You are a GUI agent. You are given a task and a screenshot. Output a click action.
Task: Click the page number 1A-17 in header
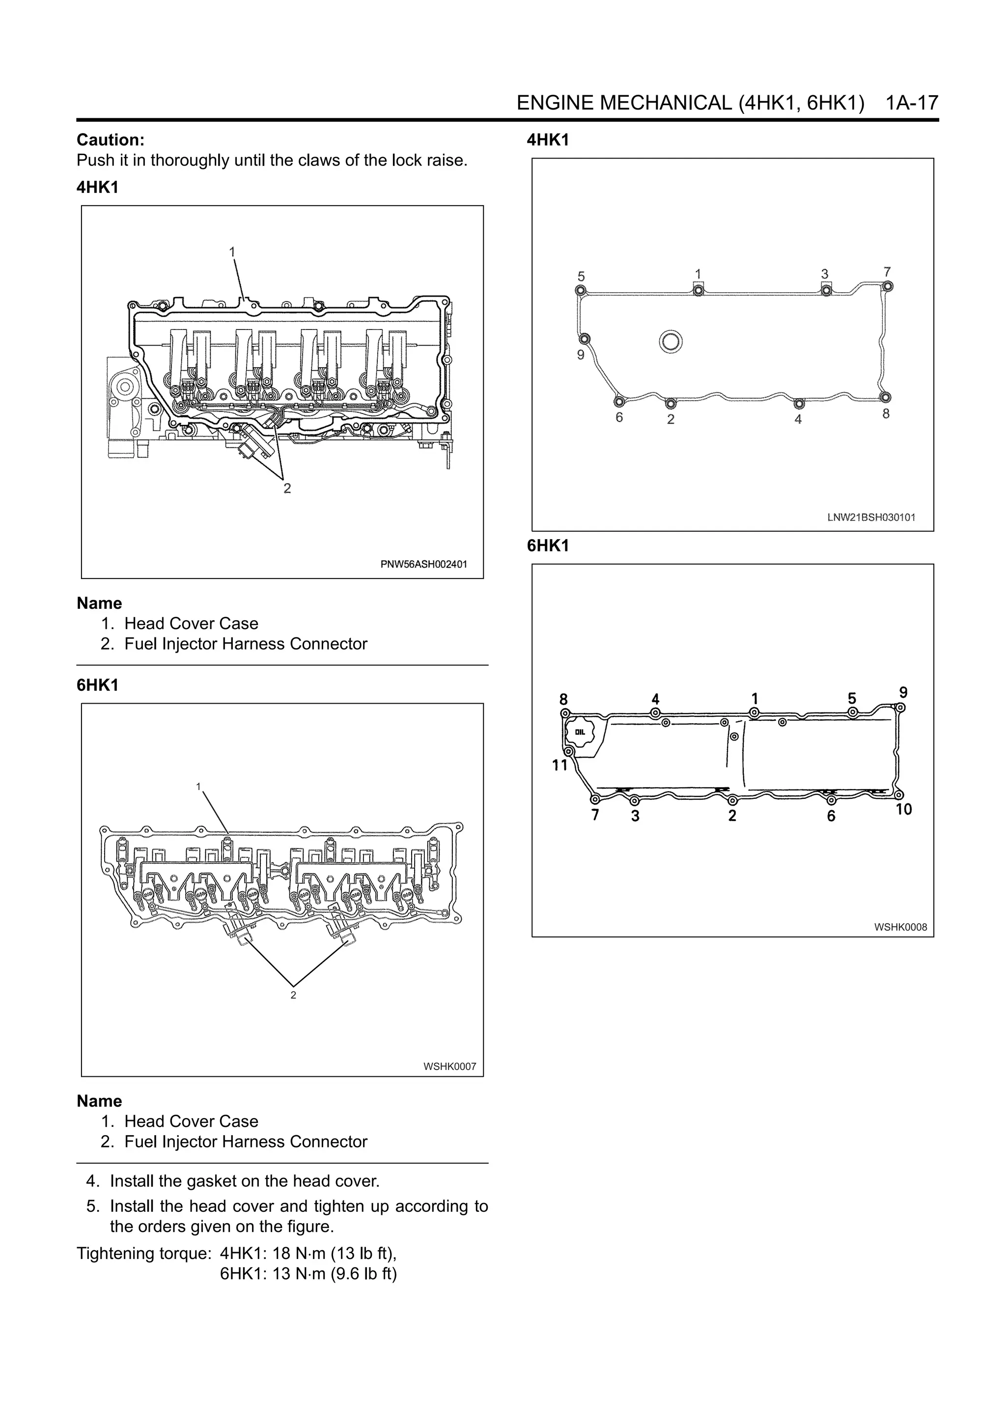point(912,103)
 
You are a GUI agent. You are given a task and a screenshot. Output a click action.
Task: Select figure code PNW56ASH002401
point(423,564)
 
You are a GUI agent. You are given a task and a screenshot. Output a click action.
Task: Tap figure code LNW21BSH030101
point(871,518)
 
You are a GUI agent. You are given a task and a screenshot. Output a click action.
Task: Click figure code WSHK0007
point(449,1067)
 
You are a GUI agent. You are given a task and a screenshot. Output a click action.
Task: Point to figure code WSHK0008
point(900,927)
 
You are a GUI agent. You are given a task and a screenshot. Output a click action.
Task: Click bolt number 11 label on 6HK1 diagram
point(559,766)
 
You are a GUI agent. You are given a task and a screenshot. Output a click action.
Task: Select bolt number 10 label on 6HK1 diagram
point(904,809)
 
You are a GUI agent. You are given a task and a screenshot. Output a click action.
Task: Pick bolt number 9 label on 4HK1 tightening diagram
point(581,355)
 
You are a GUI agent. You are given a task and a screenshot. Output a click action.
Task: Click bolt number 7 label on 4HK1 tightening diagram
point(887,272)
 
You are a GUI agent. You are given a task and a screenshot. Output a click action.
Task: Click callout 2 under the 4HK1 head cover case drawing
point(287,489)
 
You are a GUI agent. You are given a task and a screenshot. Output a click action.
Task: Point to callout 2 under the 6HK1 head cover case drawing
point(293,995)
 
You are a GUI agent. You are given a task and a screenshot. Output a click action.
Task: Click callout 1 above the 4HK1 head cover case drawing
point(232,251)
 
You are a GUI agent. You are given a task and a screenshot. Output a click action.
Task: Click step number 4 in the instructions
point(93,1181)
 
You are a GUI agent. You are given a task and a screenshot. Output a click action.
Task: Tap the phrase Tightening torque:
point(144,1253)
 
